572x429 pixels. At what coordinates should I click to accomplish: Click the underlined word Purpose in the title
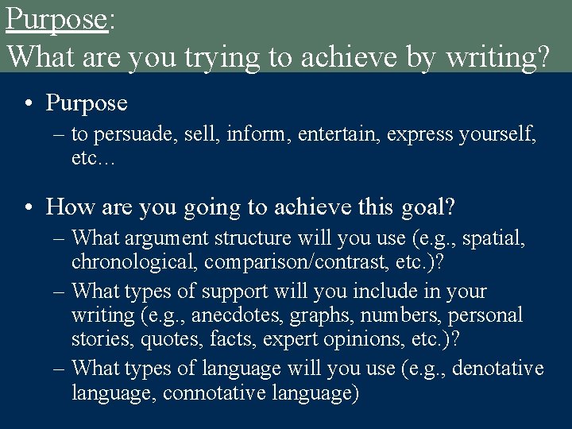[56, 19]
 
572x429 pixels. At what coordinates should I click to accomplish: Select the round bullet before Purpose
[28, 104]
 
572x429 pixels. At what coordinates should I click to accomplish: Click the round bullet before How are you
[28, 208]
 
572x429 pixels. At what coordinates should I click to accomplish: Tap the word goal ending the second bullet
[428, 207]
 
